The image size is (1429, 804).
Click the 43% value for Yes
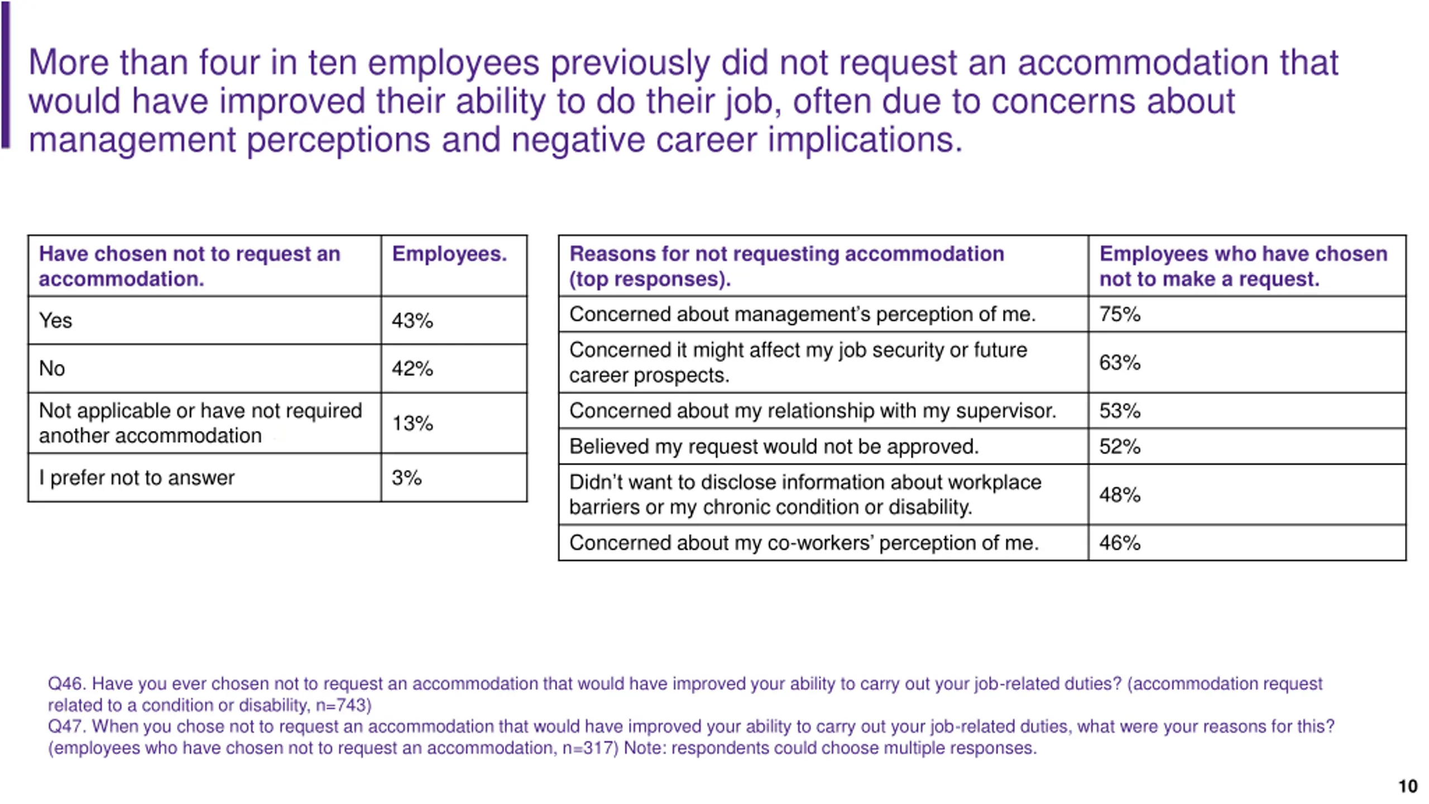click(412, 320)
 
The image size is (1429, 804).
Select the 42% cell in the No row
click(412, 368)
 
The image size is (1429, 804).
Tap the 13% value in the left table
click(412, 423)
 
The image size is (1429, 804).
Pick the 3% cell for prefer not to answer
click(406, 478)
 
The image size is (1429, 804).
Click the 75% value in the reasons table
click(1120, 314)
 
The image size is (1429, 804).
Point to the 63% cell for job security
click(1120, 363)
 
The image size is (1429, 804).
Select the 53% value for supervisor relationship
click(1120, 411)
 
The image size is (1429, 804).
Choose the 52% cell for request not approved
click(1120, 447)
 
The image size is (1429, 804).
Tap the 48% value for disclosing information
click(1120, 495)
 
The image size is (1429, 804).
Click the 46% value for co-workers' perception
click(1120, 543)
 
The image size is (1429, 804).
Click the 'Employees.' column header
click(449, 254)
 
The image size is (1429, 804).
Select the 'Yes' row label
click(55, 320)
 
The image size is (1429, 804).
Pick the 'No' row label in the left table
click(52, 368)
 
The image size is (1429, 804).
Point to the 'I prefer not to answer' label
click(137, 478)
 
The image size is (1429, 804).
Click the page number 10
click(1408, 786)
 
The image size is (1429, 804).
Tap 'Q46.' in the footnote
click(66, 683)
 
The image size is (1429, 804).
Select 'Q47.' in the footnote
click(66, 726)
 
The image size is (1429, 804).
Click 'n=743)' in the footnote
click(343, 705)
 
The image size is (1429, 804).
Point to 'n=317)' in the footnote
click(590, 748)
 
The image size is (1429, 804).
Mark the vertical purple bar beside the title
click(6, 75)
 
